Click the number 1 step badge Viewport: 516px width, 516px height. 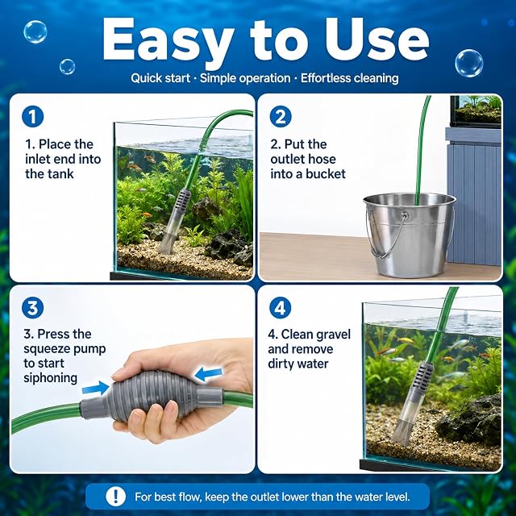32,116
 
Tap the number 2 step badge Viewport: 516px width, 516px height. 281,116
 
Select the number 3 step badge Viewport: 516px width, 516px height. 32,308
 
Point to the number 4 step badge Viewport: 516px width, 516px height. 280,308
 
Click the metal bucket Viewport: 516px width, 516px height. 410,235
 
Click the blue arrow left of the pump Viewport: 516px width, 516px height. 96,388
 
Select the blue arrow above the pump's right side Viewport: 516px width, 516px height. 209,374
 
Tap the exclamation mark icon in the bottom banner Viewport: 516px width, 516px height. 115,496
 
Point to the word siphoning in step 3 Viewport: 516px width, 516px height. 50,378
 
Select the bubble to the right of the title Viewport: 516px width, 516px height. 469,63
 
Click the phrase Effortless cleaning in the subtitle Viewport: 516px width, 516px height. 349,78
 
